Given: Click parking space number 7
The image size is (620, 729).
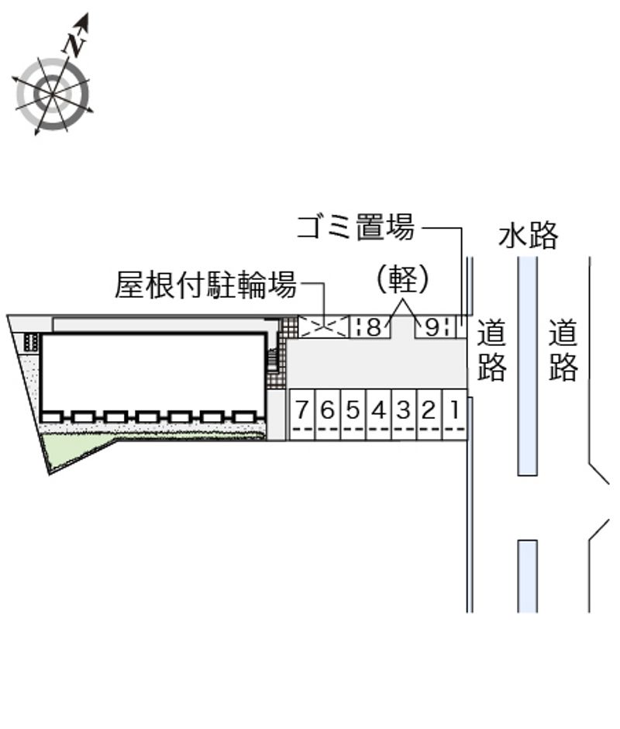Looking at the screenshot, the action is click(x=302, y=415).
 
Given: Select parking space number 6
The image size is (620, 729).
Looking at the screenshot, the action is click(x=328, y=415).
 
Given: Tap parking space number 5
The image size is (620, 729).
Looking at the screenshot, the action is click(x=353, y=415).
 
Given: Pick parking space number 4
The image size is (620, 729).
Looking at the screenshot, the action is click(x=379, y=415).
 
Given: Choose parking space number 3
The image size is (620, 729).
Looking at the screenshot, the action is click(x=405, y=415).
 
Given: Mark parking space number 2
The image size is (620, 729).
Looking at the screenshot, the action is click(x=430, y=415).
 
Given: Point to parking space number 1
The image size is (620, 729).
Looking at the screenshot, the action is click(x=455, y=415).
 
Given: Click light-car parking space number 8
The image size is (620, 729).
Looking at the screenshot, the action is click(x=370, y=326).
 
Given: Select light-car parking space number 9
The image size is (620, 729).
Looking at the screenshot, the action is click(x=435, y=326).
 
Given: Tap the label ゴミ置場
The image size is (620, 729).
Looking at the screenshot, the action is click(x=356, y=227).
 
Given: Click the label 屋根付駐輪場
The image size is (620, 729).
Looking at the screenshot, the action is click(x=205, y=284).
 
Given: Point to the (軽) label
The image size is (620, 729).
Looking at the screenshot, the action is click(x=402, y=279).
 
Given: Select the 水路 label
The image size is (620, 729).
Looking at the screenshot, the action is click(x=528, y=235).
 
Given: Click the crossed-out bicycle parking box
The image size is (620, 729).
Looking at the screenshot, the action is click(x=323, y=326).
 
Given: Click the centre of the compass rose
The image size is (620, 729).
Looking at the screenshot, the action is click(x=52, y=94).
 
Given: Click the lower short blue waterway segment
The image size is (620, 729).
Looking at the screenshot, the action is click(x=528, y=576).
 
